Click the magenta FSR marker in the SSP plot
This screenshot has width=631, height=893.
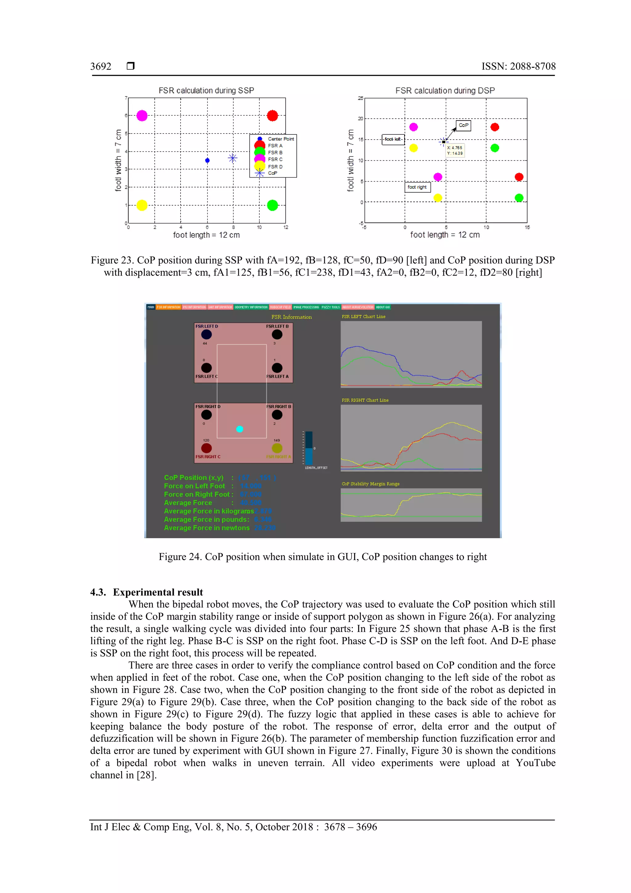click(142, 116)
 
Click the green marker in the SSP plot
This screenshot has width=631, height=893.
click(273, 205)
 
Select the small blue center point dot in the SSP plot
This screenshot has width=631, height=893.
click(207, 160)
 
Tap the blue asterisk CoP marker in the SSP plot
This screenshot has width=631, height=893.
click(233, 158)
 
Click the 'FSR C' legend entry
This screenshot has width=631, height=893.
click(275, 159)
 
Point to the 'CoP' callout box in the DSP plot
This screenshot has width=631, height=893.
click(463, 125)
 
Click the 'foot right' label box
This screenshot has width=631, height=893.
click(417, 187)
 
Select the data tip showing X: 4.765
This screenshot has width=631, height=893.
click(454, 150)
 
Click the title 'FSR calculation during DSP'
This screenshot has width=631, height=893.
click(445, 91)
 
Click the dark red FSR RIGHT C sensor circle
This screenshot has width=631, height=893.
click(206, 448)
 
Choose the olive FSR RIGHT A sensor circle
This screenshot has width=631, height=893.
click(277, 448)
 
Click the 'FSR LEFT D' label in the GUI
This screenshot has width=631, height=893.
click(206, 326)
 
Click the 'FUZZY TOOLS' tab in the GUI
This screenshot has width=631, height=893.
click(331, 307)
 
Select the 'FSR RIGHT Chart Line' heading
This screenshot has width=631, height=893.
click(365, 400)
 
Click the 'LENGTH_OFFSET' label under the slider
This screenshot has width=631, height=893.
click(316, 468)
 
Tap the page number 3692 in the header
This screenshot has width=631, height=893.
click(101, 67)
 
